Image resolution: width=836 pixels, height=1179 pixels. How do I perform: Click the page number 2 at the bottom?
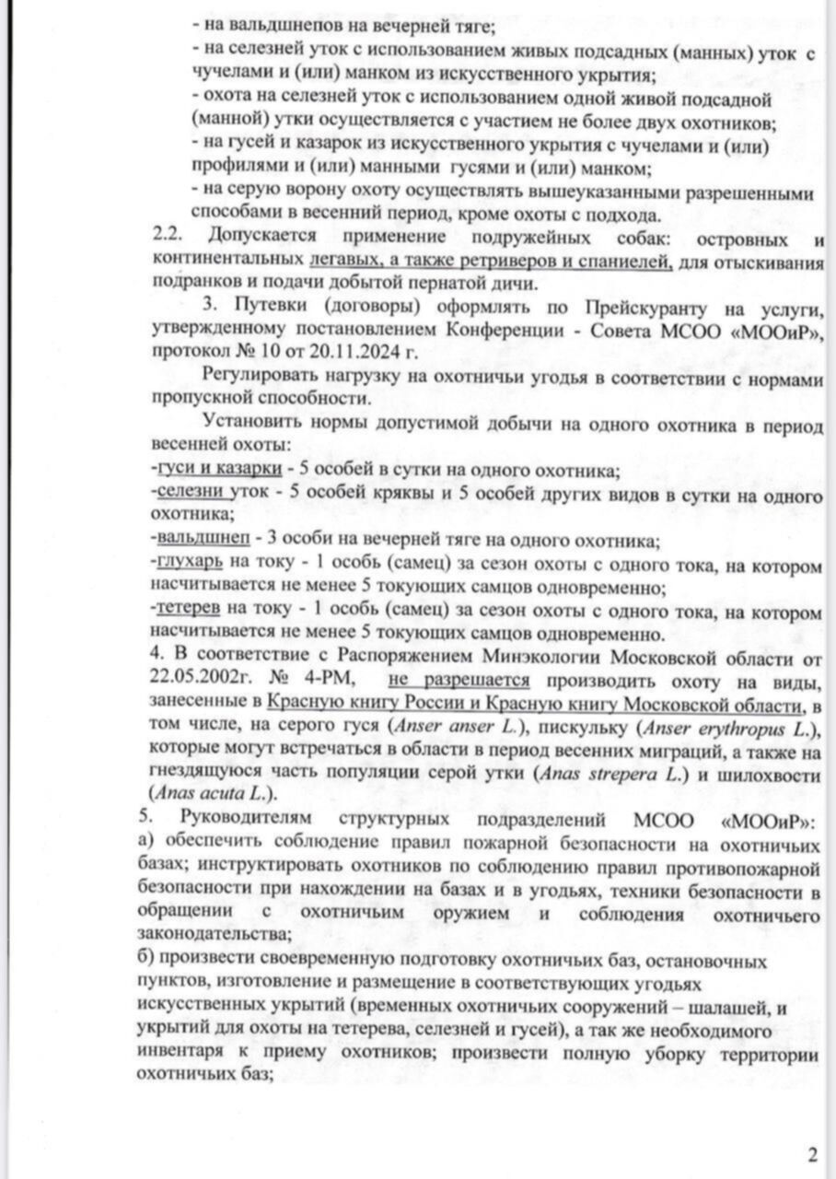811,1154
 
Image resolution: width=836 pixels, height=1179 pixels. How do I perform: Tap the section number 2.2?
170,239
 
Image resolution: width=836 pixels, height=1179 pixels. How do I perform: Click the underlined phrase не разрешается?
459,681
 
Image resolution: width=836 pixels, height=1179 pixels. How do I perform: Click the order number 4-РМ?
330,681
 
